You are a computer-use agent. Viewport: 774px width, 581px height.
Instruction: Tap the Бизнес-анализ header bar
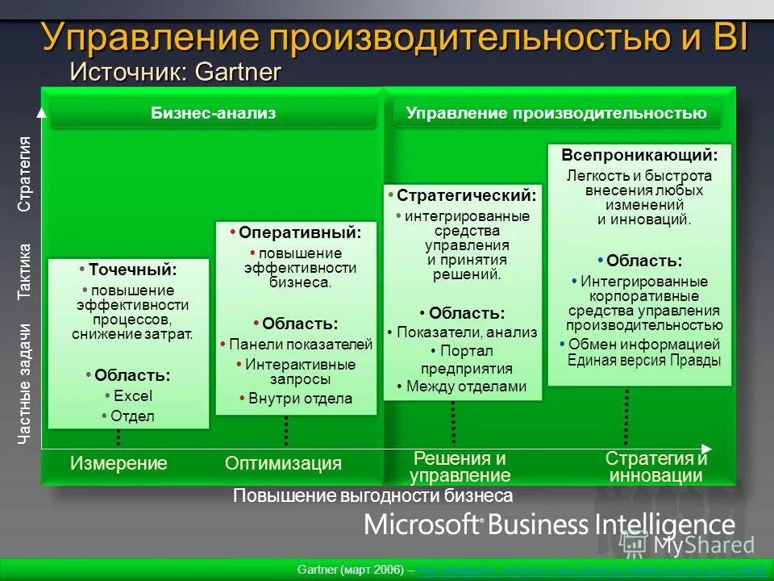coord(214,114)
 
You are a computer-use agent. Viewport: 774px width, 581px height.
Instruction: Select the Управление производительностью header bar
coord(556,114)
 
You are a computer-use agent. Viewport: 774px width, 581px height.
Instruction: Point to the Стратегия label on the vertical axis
coord(25,174)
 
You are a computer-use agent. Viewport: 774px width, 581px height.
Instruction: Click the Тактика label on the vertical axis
coord(25,271)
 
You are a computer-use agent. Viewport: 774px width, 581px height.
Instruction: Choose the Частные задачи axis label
coord(25,384)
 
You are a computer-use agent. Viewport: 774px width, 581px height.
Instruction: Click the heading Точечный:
coord(132,270)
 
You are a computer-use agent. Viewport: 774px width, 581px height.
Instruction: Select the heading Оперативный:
coord(299,232)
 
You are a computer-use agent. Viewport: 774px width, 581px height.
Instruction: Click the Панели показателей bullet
coord(301,345)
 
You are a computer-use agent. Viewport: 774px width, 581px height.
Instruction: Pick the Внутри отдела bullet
coord(300,399)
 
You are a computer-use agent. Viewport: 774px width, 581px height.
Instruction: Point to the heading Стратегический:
coord(466,196)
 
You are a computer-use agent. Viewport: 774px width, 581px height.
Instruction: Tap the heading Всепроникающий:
coord(639,155)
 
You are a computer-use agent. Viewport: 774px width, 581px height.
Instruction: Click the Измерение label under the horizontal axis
coord(119,463)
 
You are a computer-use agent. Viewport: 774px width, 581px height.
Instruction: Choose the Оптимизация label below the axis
coord(283,463)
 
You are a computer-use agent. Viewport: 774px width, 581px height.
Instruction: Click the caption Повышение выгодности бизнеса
coord(372,496)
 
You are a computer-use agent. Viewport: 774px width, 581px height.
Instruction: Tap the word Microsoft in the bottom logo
coord(422,525)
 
